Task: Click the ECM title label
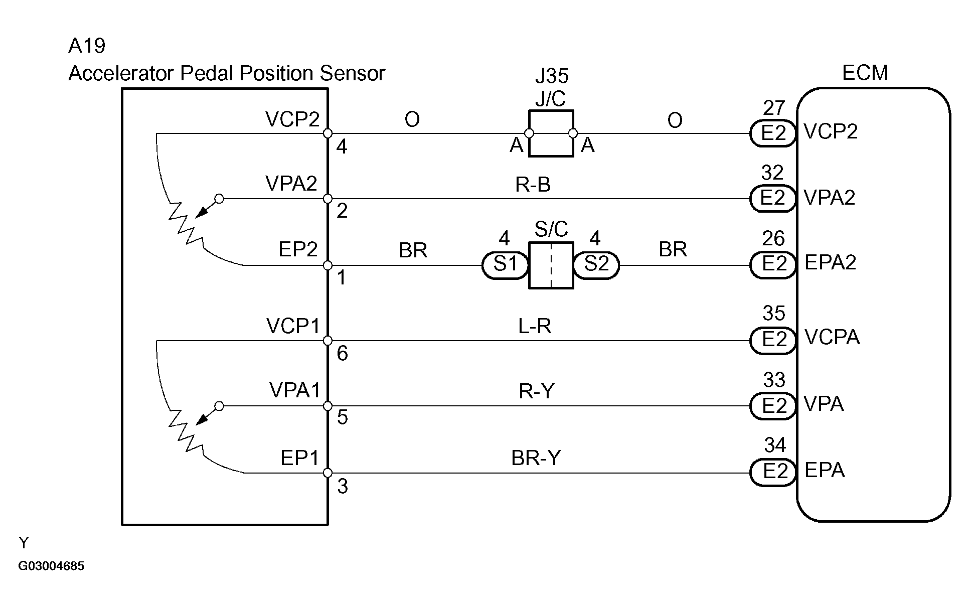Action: click(865, 73)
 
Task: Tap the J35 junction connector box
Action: click(551, 133)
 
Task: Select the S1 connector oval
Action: click(505, 265)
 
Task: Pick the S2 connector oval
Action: click(596, 265)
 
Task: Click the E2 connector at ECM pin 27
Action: click(773, 133)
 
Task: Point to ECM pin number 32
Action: click(772, 173)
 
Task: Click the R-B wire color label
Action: click(533, 185)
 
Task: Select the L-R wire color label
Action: click(535, 327)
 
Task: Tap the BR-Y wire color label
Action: click(536, 458)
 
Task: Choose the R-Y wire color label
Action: click(536, 391)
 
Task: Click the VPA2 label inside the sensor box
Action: click(291, 184)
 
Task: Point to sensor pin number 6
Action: click(342, 354)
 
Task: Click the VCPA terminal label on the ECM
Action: click(832, 338)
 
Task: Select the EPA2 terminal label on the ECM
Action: click(831, 263)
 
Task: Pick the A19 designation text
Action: click(87, 46)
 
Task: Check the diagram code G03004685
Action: click(51, 566)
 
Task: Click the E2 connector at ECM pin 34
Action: click(773, 472)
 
